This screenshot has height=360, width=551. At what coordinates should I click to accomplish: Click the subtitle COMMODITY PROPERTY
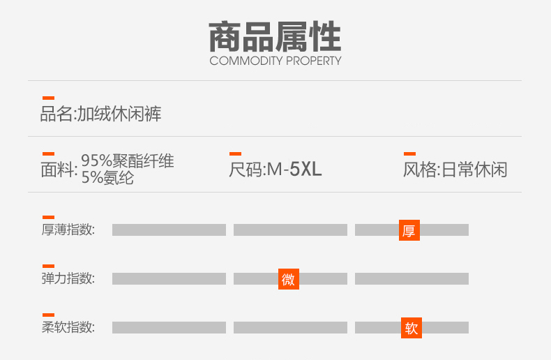(x=275, y=61)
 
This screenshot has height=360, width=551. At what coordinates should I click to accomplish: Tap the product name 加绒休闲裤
(x=119, y=114)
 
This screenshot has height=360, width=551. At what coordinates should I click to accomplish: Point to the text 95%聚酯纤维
(x=128, y=162)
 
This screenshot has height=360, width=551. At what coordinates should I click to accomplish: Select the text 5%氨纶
(x=107, y=178)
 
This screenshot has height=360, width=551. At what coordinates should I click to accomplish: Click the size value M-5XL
(x=294, y=170)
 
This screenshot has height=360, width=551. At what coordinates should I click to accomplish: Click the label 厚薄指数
(x=68, y=230)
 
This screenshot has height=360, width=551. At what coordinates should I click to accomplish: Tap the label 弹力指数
(x=68, y=279)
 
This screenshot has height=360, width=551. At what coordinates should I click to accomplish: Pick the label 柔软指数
(x=68, y=327)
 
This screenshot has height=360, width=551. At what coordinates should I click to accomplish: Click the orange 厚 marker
(x=409, y=230)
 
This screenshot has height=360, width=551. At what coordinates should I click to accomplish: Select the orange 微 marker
(x=288, y=279)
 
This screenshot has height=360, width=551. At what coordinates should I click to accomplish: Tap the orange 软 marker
(x=412, y=327)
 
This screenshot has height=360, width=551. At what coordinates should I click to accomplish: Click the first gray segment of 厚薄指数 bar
(x=169, y=230)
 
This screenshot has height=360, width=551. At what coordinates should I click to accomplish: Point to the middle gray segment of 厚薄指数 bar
(x=290, y=230)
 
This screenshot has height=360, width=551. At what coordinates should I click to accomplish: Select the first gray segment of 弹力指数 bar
(x=169, y=279)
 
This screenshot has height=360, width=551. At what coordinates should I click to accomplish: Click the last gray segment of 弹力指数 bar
(x=412, y=279)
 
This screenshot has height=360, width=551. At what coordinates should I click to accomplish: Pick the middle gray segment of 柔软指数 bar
(x=290, y=327)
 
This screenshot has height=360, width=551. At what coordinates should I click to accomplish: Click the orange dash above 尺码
(x=235, y=153)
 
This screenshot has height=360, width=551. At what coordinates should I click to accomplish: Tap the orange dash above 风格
(x=409, y=153)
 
